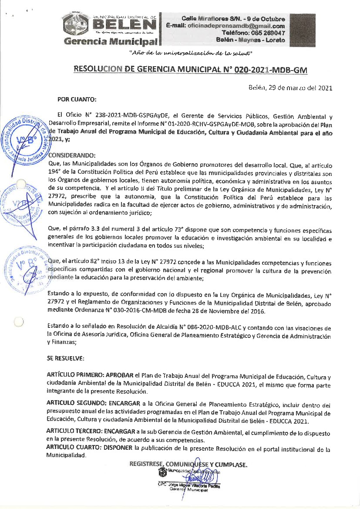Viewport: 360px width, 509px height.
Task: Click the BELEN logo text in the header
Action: [124, 24]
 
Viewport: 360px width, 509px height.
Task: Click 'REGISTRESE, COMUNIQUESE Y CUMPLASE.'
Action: [188, 464]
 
